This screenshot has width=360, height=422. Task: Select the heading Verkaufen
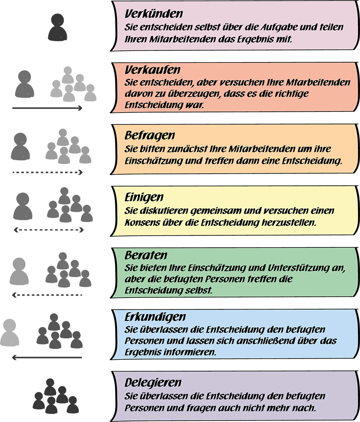pos(147,69)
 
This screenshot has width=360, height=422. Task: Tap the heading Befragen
pos(144,136)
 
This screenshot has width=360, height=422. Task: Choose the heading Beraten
pos(140,256)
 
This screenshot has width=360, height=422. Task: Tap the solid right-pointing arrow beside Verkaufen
pos(47,108)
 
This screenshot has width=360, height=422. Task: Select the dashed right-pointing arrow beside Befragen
pos(47,172)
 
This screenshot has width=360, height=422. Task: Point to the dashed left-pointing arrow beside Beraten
pos(47,295)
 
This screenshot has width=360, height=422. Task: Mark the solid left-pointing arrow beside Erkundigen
pos(47,357)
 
